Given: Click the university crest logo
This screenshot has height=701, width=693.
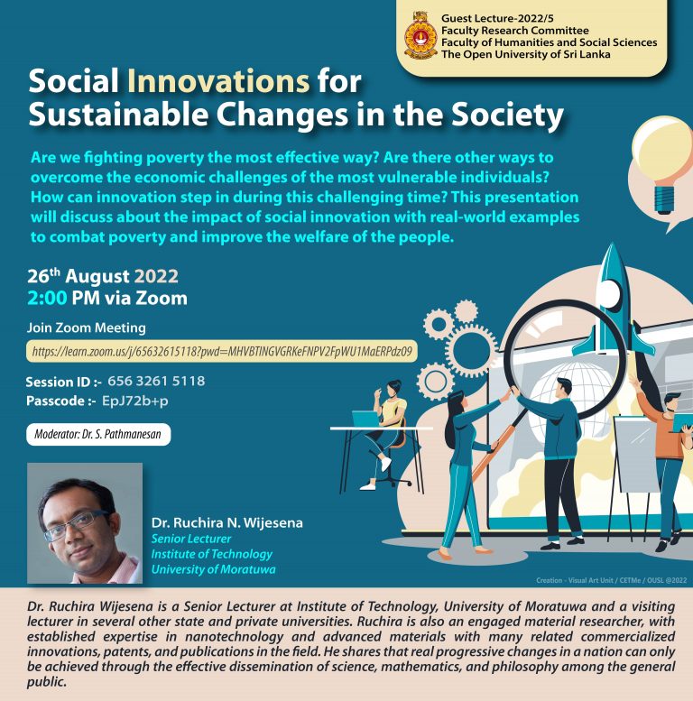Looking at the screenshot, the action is point(420,36).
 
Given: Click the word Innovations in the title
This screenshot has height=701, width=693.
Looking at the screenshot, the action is point(218,81).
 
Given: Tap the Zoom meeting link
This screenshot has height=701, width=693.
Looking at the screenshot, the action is point(222,351).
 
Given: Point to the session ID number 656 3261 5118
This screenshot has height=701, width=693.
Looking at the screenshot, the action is point(156,381).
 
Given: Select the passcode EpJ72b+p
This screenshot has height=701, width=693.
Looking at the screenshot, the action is point(135,401).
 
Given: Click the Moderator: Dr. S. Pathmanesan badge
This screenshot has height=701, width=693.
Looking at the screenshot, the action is point(98,434).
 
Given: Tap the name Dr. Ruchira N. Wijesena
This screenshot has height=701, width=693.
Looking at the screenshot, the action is point(226,522).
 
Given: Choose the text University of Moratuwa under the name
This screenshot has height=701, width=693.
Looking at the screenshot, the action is point(213,569).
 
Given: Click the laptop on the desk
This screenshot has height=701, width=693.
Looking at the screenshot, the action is point(366,420).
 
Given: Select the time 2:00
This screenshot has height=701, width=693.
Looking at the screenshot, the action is point(47,299).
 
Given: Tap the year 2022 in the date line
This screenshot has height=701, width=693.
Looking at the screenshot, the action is point(156,276).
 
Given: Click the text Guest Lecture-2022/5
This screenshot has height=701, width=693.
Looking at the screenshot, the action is point(497,18).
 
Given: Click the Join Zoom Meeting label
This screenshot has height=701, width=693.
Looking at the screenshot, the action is point(87,327).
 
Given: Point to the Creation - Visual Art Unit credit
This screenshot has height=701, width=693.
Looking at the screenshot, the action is point(611,580).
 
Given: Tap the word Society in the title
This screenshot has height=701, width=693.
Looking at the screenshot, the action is point(507,115).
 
